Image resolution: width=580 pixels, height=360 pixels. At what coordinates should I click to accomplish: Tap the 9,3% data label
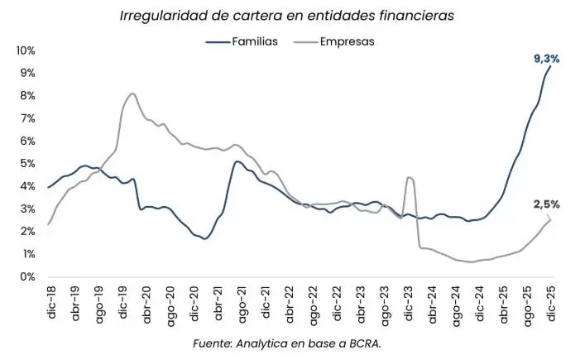pyautogui.click(x=546, y=59)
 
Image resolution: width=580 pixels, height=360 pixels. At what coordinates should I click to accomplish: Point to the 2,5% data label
pyautogui.click(x=545, y=204)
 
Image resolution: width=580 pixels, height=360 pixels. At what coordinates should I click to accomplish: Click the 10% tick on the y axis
pyautogui.click(x=25, y=50)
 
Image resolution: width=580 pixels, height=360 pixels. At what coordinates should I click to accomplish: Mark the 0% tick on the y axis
pyautogui.click(x=27, y=277)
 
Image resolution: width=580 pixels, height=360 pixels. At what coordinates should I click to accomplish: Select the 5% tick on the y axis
pyautogui.click(x=27, y=164)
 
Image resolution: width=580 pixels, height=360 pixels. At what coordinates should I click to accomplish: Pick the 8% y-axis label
pyautogui.click(x=27, y=96)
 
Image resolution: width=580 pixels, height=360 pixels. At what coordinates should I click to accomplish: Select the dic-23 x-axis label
pyautogui.click(x=408, y=303)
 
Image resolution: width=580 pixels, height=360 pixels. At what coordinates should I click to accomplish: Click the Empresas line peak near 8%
pyautogui.click(x=132, y=94)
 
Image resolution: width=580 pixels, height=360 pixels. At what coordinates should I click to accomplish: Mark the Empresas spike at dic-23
pyautogui.click(x=410, y=177)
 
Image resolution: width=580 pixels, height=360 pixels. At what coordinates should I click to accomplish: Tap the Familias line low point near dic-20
pyautogui.click(x=204, y=238)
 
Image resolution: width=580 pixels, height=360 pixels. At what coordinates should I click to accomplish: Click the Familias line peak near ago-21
pyautogui.click(x=237, y=161)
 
